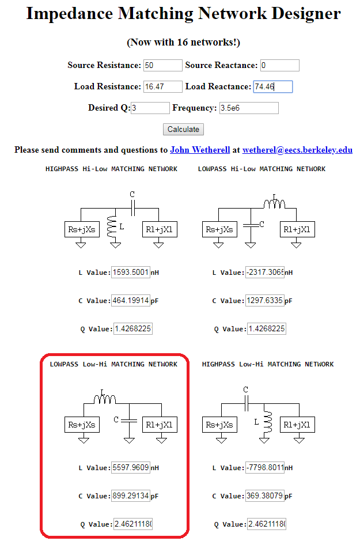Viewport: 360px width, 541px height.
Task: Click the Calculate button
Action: point(183,130)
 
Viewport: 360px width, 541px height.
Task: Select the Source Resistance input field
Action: point(163,66)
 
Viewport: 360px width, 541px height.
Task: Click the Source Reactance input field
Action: point(279,66)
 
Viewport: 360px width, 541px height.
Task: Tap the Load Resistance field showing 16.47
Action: point(163,87)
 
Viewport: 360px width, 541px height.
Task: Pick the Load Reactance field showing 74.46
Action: point(272,87)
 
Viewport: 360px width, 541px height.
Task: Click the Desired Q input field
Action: point(150,108)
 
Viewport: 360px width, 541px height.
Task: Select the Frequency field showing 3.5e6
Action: point(249,108)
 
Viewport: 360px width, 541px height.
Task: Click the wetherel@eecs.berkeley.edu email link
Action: point(297,150)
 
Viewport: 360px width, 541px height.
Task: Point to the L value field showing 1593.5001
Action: point(131,273)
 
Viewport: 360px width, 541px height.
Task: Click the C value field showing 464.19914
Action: point(131,301)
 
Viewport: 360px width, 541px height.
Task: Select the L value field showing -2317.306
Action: point(264,273)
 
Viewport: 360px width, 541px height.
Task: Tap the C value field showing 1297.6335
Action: point(264,301)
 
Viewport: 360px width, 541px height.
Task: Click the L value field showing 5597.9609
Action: point(131,468)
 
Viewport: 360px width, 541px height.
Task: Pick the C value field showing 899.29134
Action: point(131,496)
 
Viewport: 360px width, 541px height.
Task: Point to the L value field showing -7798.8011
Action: point(264,468)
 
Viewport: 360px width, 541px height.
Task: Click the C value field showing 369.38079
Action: point(264,496)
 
